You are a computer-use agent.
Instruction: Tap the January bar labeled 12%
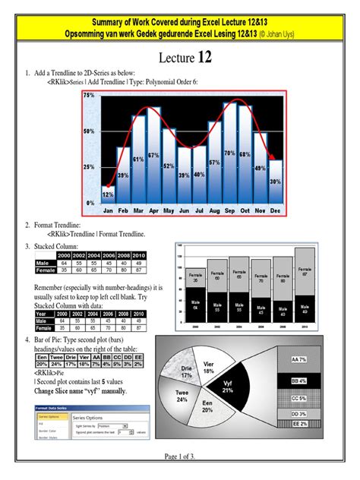[x=108, y=194]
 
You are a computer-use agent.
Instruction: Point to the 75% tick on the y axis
[x=88, y=96]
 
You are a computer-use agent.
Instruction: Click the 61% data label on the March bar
[x=138, y=159]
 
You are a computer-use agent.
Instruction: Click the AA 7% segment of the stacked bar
[x=298, y=358]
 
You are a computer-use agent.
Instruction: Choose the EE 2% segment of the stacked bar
[x=298, y=424]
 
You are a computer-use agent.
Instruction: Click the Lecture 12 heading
[x=180, y=58]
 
